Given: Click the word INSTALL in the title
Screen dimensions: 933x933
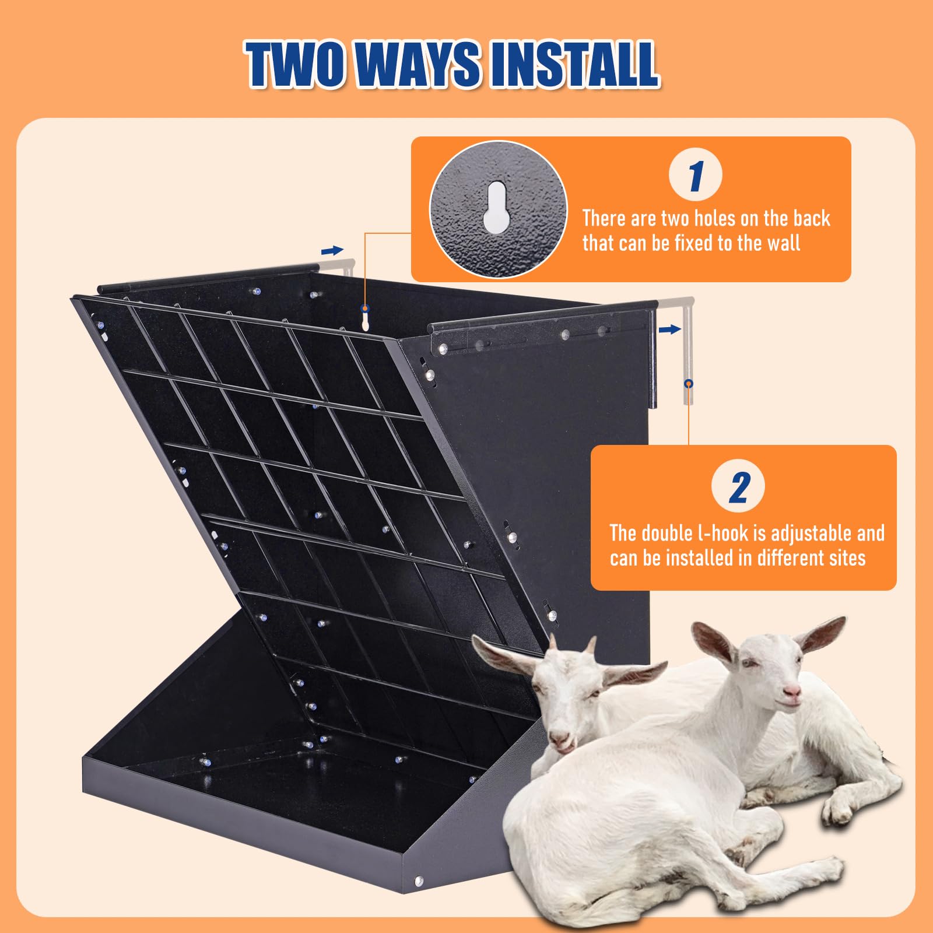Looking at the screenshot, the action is coord(574,64).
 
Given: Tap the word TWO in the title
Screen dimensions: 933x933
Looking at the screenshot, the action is coord(294,64).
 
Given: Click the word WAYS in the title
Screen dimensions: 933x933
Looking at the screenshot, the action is coord(416,64).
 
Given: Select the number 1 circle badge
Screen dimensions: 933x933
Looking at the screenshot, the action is coord(696,174).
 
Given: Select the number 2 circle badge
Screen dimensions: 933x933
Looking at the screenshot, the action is coord(738,486).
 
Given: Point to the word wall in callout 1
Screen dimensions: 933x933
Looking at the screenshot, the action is coord(783,243).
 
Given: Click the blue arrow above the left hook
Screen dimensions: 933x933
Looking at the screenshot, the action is coord(332,251).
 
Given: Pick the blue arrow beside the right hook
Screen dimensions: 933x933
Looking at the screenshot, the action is coord(670,330).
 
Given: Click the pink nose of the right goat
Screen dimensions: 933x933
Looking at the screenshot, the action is coord(792,692).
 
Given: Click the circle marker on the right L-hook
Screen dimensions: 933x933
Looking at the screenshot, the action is coord(689,384).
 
